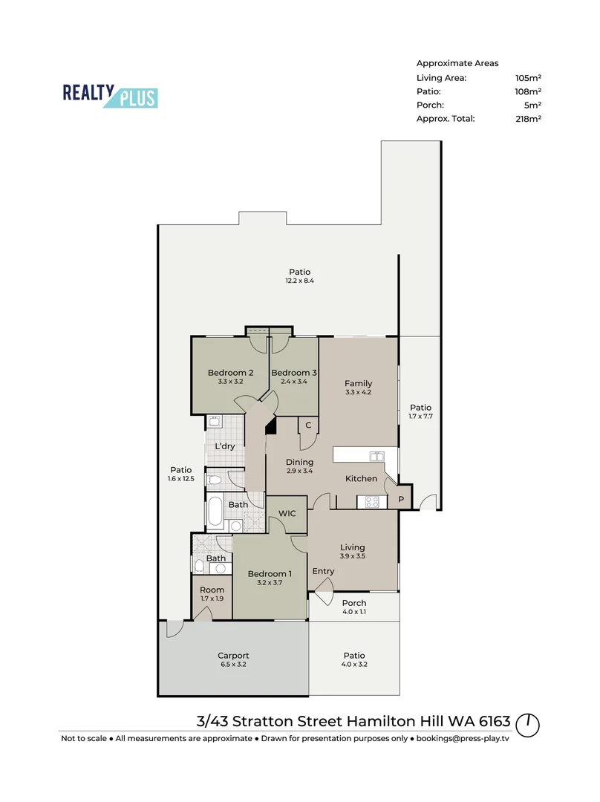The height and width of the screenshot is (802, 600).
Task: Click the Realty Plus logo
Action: (x=110, y=95)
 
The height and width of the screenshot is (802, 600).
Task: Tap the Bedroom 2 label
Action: (x=231, y=373)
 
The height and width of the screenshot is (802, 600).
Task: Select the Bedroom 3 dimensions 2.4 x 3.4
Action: (x=294, y=382)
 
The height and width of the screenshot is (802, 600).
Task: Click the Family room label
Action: (x=358, y=384)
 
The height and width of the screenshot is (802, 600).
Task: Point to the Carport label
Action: (x=232, y=656)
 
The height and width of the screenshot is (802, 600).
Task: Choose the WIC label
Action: (x=287, y=514)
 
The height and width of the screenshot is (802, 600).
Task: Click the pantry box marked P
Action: (x=401, y=500)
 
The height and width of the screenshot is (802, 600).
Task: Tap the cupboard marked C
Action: (x=308, y=426)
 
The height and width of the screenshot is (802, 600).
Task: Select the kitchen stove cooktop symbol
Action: (x=368, y=502)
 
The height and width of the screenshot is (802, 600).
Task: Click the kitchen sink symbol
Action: (x=377, y=456)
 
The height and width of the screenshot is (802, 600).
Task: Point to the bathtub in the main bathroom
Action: (x=215, y=513)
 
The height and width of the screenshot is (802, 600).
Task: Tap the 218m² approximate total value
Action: (x=528, y=118)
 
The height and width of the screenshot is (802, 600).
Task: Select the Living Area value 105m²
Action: (x=528, y=78)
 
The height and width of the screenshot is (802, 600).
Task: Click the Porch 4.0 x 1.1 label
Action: (x=354, y=607)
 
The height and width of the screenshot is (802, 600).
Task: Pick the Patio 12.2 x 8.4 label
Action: (x=299, y=276)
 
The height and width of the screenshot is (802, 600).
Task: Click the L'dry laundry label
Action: (x=225, y=446)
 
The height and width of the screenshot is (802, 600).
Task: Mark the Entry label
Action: (x=323, y=571)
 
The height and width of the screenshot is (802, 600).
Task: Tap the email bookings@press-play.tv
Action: (x=463, y=739)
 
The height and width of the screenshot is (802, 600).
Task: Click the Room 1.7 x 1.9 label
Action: (x=212, y=594)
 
